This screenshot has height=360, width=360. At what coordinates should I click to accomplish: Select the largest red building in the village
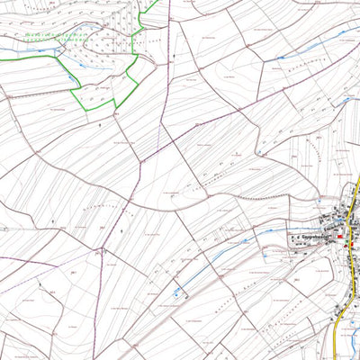pyautogui.click(x=339, y=238)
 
